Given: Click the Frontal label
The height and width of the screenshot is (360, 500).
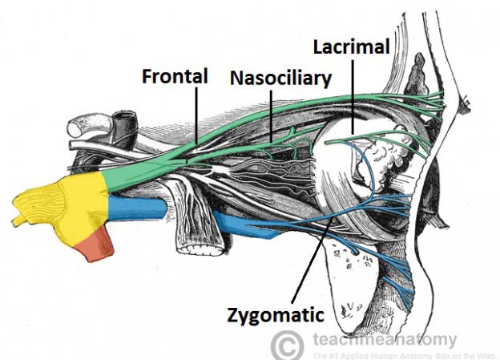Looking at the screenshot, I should point(175,76).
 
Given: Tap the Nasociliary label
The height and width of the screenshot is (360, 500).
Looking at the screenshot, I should point(269,79).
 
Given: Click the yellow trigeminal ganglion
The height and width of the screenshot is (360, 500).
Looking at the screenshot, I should point(68,208).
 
